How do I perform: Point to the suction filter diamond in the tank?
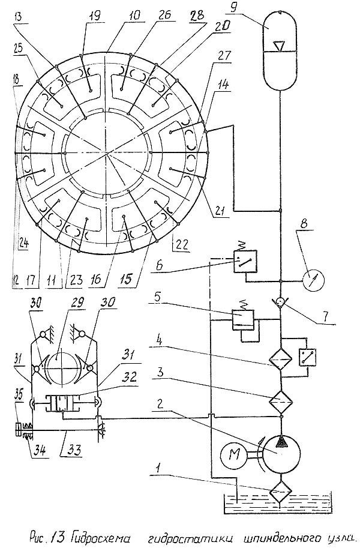280,492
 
